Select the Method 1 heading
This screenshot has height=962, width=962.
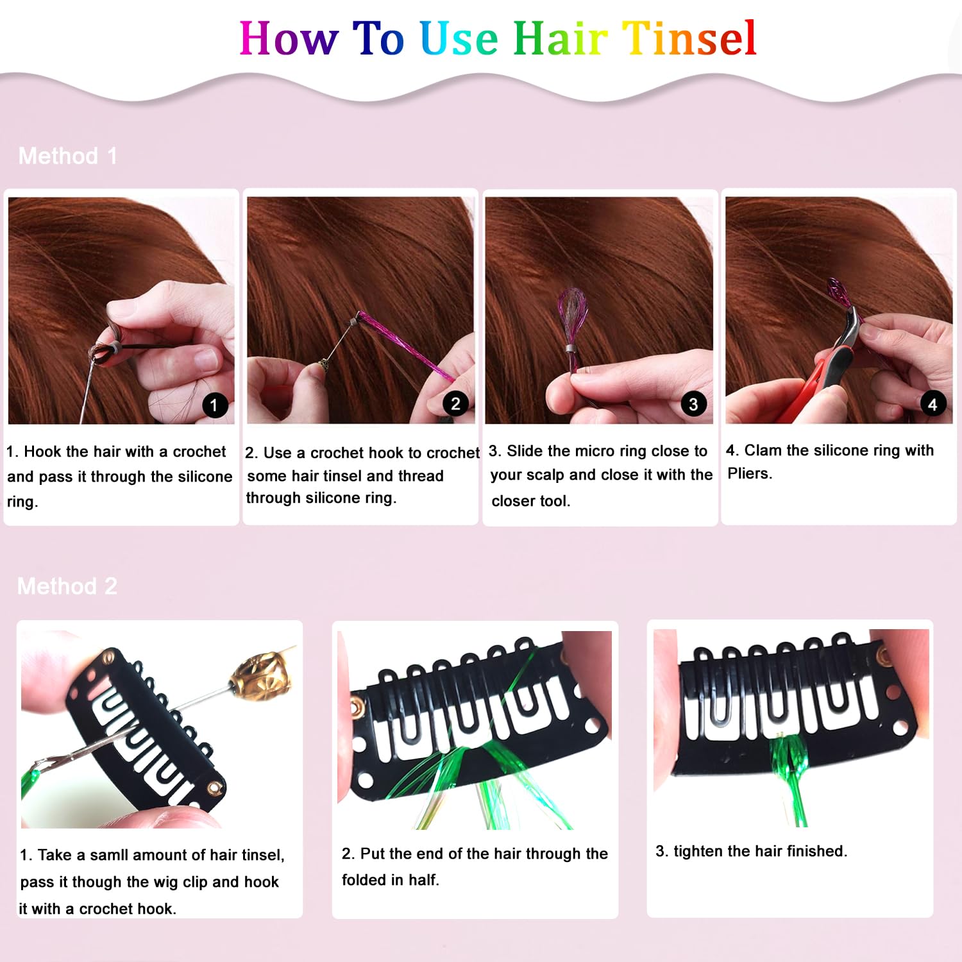[68, 156]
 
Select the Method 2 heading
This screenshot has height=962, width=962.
[67, 586]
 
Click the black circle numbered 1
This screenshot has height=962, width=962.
[214, 405]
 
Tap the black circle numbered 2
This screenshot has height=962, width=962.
[455, 403]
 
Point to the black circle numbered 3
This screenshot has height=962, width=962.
[693, 404]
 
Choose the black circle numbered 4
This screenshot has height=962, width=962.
[932, 404]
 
